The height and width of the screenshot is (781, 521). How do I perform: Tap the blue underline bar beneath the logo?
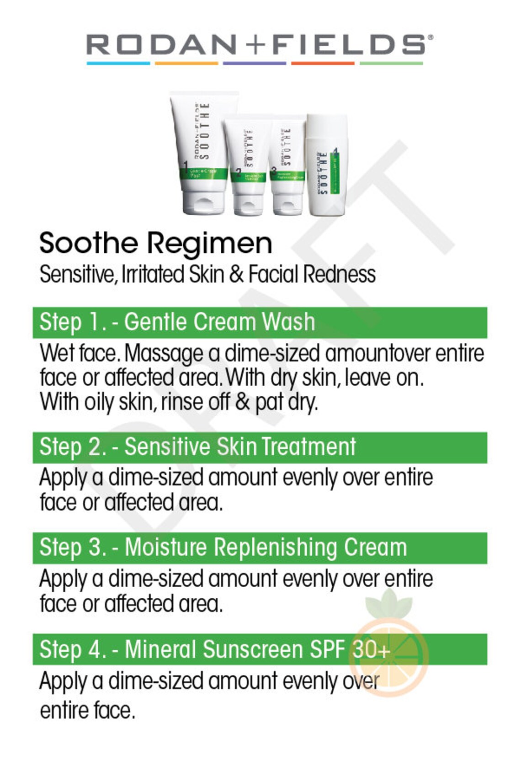(x=118, y=63)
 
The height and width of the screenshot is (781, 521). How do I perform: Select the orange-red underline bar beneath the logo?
(x=323, y=63)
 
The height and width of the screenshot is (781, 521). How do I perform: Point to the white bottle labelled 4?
(x=327, y=165)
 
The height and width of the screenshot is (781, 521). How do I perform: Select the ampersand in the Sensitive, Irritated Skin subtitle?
(x=236, y=274)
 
